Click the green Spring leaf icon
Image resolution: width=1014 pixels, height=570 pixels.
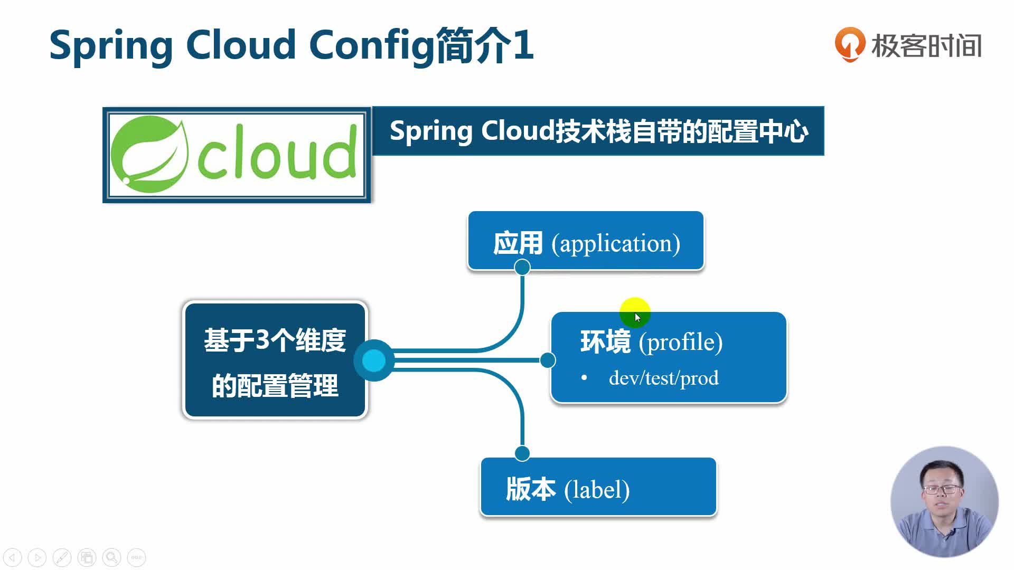point(150,154)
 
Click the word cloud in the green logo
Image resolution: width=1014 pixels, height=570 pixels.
point(277,154)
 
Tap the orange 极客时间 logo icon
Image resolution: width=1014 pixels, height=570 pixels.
point(849,44)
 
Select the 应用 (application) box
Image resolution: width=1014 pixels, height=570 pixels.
point(586,241)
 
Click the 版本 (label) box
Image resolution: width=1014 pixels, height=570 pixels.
point(598,487)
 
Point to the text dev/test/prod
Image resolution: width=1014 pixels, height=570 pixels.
point(663,378)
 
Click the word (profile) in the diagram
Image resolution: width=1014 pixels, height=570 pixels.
point(680,342)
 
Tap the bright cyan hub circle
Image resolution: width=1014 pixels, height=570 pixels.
point(374,360)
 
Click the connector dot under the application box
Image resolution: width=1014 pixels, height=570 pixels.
point(522,268)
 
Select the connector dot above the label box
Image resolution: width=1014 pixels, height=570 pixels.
point(522,453)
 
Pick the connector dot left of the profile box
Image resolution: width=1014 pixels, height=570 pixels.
point(548,360)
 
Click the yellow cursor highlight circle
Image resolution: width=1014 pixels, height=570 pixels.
point(634,312)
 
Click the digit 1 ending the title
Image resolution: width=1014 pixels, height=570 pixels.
point(523,45)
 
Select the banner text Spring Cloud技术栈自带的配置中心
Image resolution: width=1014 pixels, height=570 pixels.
point(598,131)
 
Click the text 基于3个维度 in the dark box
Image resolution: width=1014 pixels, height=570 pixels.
point(275,340)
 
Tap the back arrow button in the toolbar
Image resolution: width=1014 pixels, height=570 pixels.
point(13,557)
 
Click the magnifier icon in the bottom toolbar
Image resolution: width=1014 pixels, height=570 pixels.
point(111,557)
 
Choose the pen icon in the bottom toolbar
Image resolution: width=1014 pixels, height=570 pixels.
point(62,557)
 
